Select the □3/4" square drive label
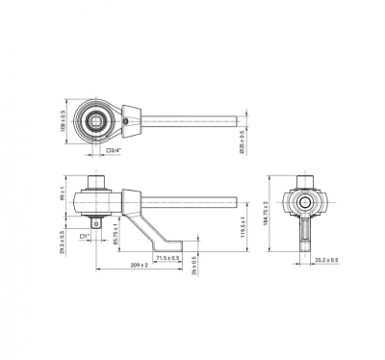114,151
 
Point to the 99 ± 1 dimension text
63,196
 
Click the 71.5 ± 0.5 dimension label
167,258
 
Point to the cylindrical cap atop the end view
307,180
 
